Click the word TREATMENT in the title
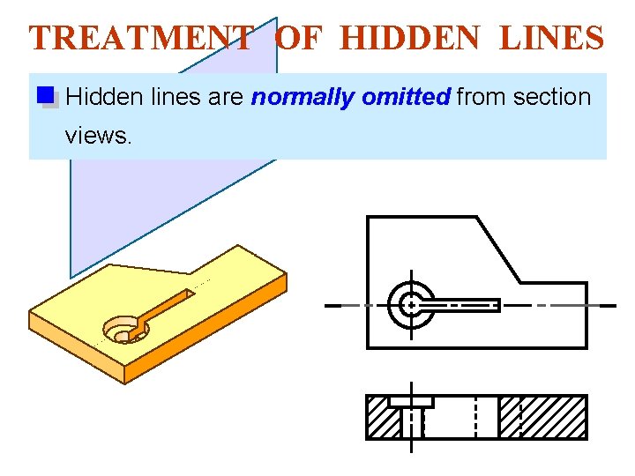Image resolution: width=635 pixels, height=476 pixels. pos(141,38)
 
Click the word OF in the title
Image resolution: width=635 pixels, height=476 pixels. pos(300,38)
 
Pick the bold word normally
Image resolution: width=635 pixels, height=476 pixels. pos(303,97)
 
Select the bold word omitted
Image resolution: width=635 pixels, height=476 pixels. pos(406,97)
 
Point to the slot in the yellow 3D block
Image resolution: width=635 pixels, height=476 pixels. pos(168,304)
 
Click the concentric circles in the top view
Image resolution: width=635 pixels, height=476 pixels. pos(410,305)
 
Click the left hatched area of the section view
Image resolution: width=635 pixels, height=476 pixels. pos(381,420)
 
